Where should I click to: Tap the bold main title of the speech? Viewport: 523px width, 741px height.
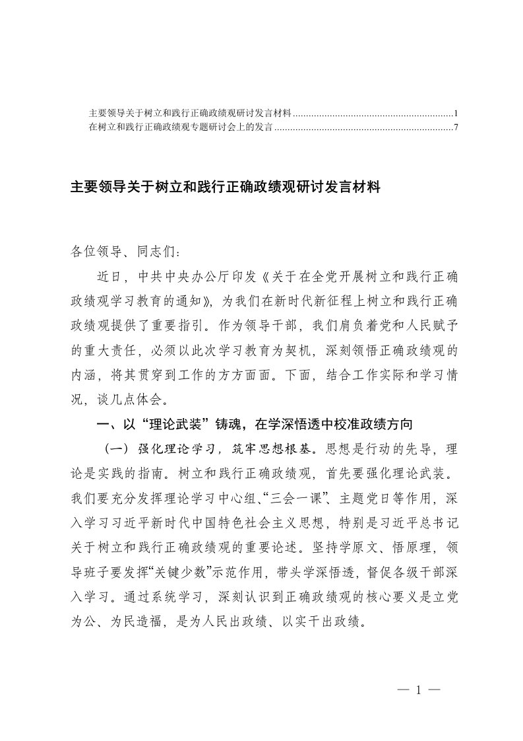pos(226,188)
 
